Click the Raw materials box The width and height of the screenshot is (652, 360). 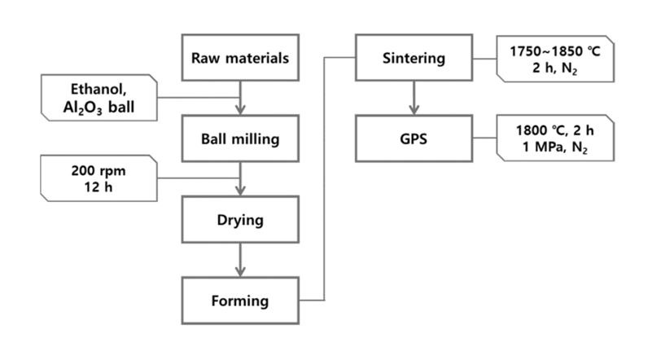point(240,58)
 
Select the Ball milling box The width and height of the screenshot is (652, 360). point(240,138)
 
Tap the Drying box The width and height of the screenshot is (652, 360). point(240,220)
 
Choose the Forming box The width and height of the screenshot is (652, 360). point(240,301)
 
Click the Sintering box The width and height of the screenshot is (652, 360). point(414,58)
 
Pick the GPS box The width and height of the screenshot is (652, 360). point(414,138)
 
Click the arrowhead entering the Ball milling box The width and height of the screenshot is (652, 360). point(240,111)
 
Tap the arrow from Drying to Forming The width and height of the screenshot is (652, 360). point(240,260)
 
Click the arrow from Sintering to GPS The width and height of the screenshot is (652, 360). point(414,98)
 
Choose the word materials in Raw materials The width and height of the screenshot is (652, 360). point(257,58)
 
